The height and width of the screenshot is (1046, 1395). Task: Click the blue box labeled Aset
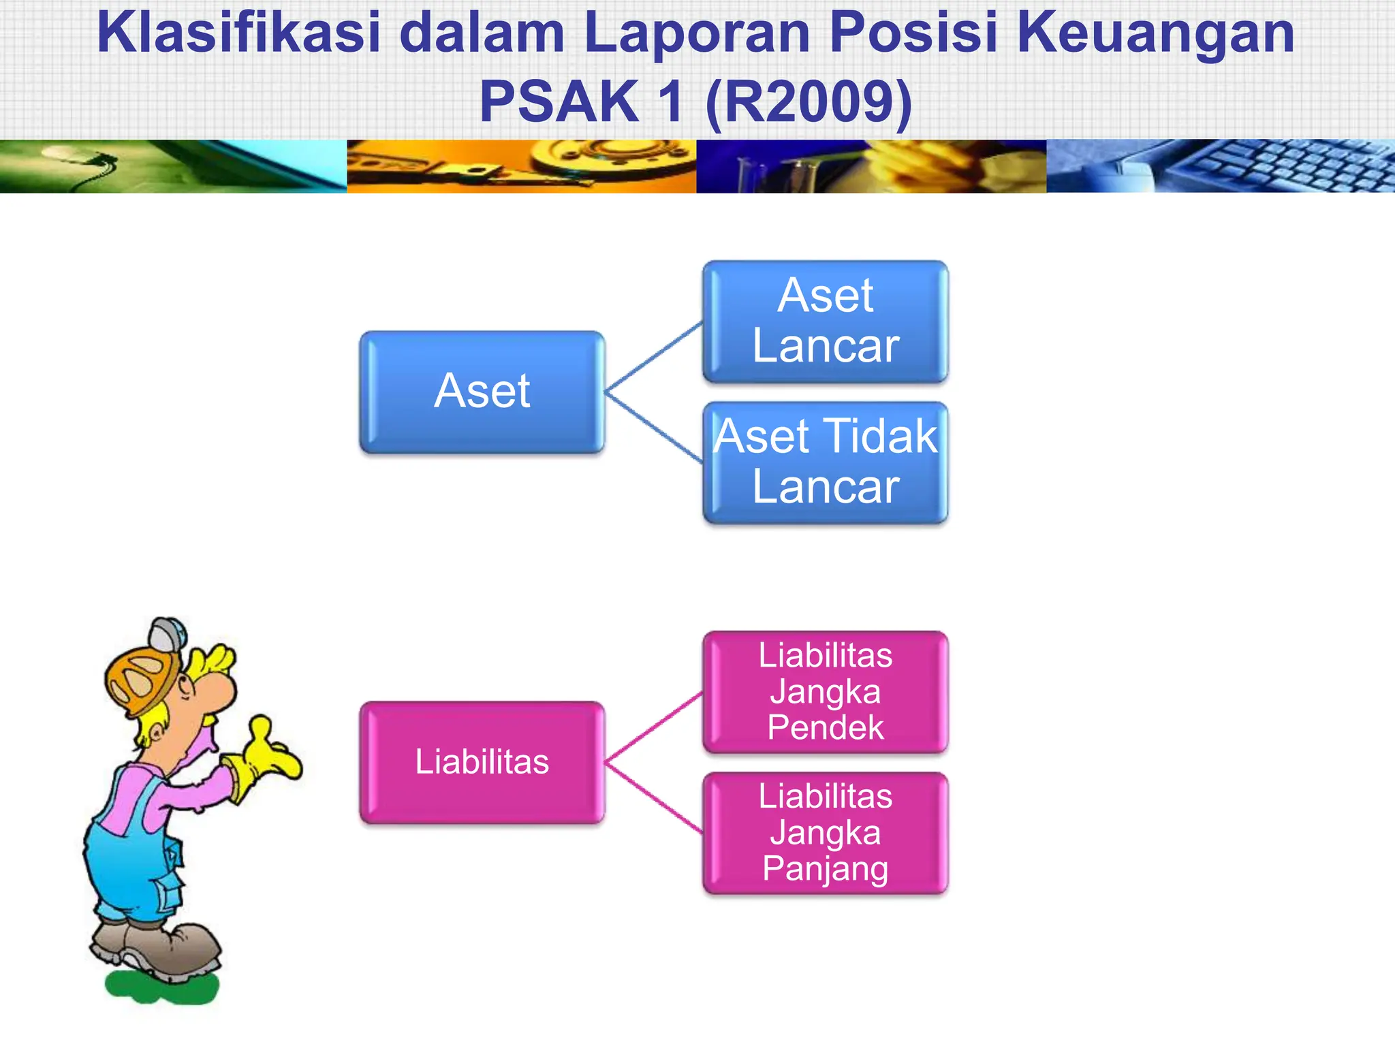tap(482, 392)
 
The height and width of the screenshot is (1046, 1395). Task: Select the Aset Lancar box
tap(825, 321)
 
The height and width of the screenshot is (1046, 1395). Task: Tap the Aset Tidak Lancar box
tap(825, 462)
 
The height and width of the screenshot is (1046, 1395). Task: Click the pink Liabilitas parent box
tap(482, 762)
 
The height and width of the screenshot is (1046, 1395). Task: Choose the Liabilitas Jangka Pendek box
tap(825, 692)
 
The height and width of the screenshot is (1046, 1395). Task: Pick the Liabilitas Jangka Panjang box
tap(825, 833)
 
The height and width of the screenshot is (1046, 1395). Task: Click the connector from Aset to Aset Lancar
tap(654, 357)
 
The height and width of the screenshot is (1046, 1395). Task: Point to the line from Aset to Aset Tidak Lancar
tap(654, 428)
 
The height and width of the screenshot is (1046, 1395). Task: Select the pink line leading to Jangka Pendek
tap(654, 727)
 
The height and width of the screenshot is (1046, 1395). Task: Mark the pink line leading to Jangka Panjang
tap(654, 797)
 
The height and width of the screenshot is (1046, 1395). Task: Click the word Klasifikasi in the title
tap(238, 33)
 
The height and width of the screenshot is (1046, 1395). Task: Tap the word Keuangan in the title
tap(1155, 33)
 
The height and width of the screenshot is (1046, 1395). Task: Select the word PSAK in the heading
tap(559, 102)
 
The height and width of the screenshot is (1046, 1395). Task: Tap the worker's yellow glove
tap(269, 756)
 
